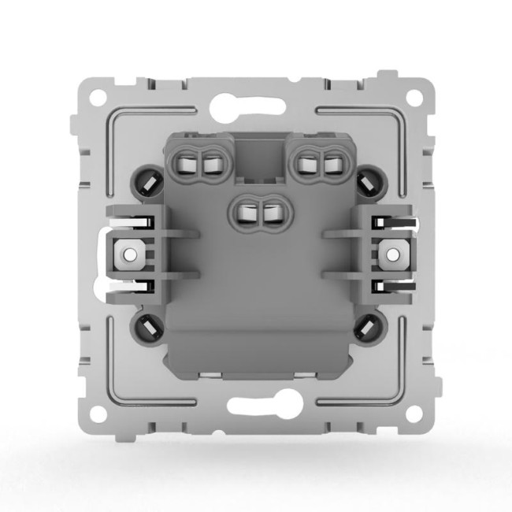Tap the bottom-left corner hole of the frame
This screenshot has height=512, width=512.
click(x=97, y=413)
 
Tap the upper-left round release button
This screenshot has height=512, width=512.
click(x=148, y=180)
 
